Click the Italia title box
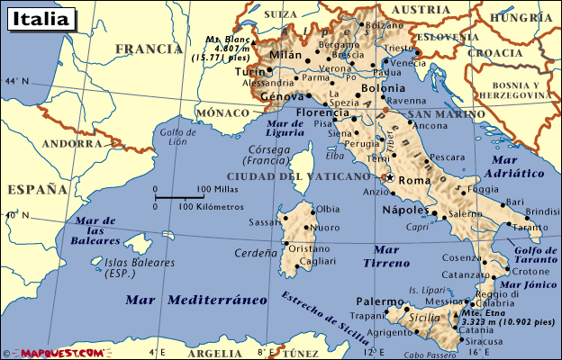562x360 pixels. (39, 18)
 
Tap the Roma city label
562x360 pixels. (414, 181)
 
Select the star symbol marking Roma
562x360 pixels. (390, 177)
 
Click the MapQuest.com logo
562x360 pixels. (53, 353)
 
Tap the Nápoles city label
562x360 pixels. (403, 210)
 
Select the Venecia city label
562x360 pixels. (408, 64)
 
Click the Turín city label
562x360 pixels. (249, 71)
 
